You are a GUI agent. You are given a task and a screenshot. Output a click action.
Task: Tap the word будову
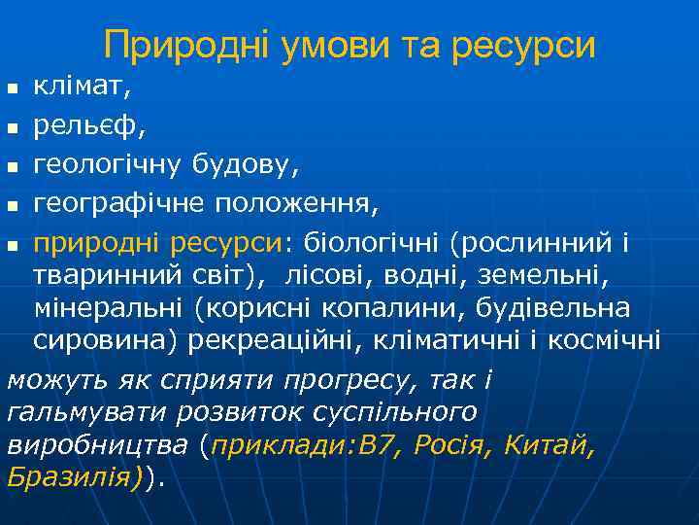[x=241, y=166]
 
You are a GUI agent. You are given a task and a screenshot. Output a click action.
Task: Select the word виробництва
[x=98, y=446]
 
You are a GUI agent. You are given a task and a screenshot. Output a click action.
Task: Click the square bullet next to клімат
[x=13, y=89]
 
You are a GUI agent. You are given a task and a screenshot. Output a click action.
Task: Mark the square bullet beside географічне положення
[x=13, y=205]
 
